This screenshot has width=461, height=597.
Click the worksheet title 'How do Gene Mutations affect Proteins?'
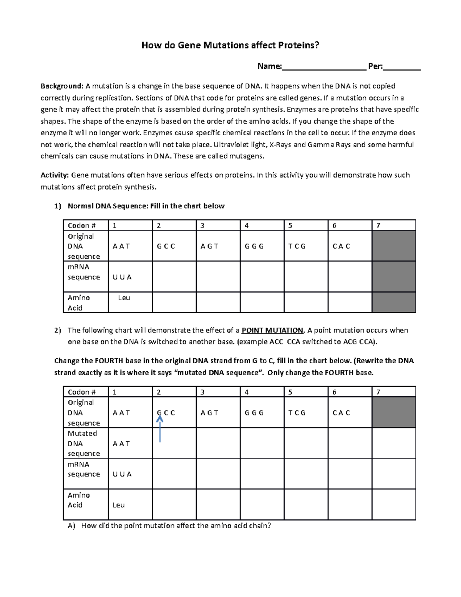click(x=230, y=45)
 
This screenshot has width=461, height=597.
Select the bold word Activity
click(x=55, y=175)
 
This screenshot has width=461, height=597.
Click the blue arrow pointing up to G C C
click(x=160, y=429)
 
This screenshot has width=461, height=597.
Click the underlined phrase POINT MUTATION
click(x=272, y=330)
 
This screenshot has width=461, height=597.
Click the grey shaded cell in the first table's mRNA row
click(x=394, y=276)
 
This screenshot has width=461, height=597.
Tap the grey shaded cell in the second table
click(x=394, y=412)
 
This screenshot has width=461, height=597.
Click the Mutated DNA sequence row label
click(x=84, y=443)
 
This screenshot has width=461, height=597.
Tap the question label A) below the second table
click(x=71, y=526)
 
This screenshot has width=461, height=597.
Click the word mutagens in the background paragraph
click(x=246, y=156)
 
